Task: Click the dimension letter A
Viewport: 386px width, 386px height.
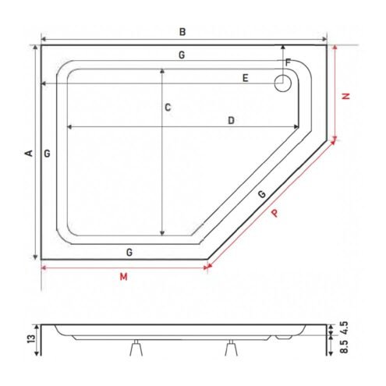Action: point(29,153)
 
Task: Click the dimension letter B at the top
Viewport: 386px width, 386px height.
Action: point(182,32)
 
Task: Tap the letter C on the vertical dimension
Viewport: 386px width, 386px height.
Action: point(168,108)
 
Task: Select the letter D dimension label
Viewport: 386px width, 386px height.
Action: point(231,120)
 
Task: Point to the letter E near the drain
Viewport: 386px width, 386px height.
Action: point(245,78)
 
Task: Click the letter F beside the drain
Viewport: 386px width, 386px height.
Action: point(288,62)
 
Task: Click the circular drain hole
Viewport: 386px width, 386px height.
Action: point(283,83)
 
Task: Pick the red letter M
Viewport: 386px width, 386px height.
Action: point(124,277)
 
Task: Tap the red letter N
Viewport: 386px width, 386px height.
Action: point(345,96)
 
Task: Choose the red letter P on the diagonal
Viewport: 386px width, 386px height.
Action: point(274,214)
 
